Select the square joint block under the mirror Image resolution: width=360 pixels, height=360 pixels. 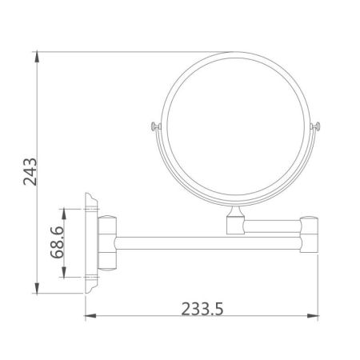pos(237,226)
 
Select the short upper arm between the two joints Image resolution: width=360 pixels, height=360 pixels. pos(272,226)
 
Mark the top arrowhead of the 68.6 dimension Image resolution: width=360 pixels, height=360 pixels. pos(63,210)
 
